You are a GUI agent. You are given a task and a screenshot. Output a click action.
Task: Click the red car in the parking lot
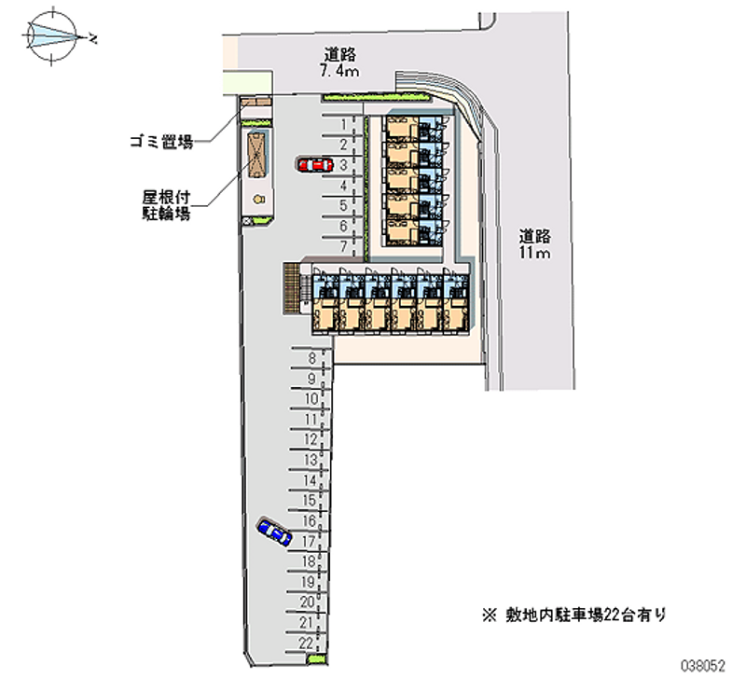pos(314,165)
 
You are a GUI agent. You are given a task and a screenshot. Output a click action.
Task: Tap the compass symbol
pos(53,36)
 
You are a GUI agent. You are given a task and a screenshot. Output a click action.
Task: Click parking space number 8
pos(311,357)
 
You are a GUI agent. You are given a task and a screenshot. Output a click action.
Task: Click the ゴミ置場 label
pos(160,143)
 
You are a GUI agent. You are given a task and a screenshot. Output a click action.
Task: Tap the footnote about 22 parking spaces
pos(573,615)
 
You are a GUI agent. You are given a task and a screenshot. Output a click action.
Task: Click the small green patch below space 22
pos(315,661)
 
